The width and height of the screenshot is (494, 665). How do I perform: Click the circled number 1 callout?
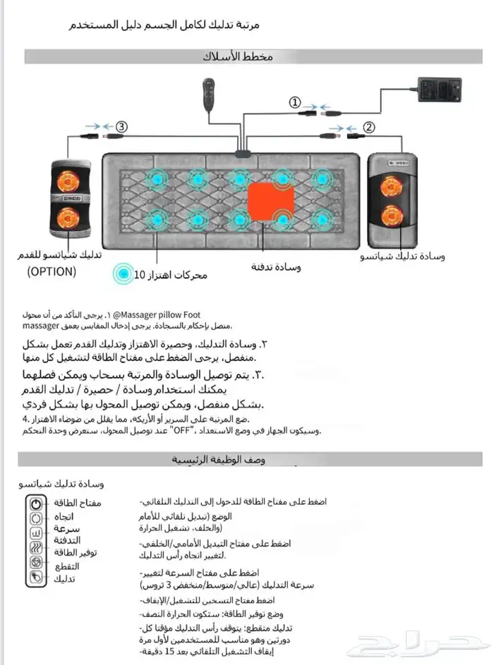point(296,102)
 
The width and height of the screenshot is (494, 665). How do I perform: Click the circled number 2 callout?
point(368,128)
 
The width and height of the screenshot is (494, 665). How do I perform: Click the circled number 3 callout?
point(122,128)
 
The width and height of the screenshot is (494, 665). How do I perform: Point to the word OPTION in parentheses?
point(52,272)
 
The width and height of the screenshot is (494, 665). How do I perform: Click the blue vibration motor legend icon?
point(124,274)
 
